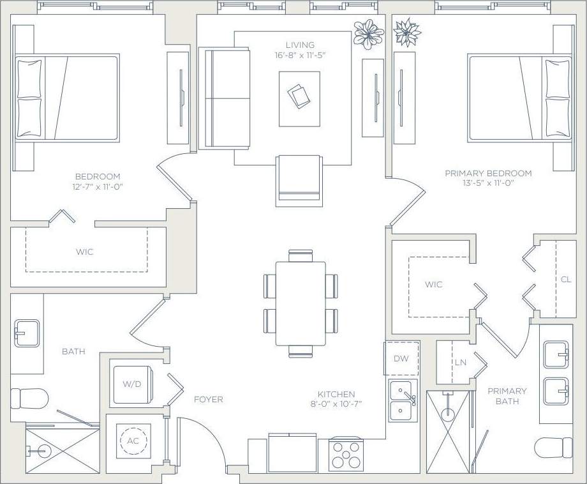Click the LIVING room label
click(x=300, y=45)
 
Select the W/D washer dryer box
click(x=131, y=384)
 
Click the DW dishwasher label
click(x=401, y=359)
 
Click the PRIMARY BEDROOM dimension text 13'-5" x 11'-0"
click(x=487, y=183)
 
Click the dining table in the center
click(x=301, y=303)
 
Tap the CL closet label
click(x=565, y=280)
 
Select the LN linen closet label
click(x=460, y=362)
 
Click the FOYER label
click(x=209, y=400)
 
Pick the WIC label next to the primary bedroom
click(x=433, y=284)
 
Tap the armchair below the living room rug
click(x=298, y=179)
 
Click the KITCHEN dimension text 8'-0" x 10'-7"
click(x=336, y=404)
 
